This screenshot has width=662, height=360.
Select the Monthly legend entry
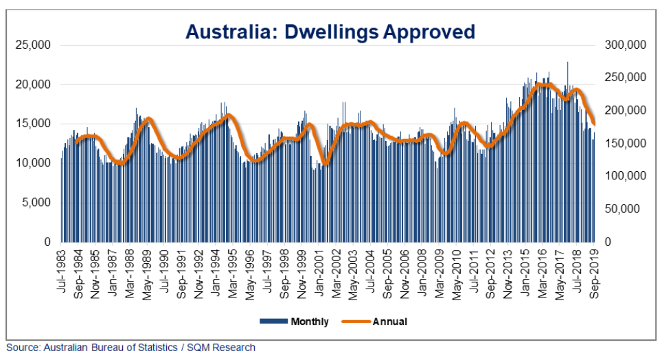(294, 322)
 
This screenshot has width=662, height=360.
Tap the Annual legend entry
(382, 322)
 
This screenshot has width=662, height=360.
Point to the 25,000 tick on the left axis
(34, 45)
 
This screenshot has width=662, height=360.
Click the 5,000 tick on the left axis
(37, 203)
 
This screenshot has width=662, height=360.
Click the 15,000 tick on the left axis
(34, 124)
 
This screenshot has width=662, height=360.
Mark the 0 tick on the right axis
(608, 242)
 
